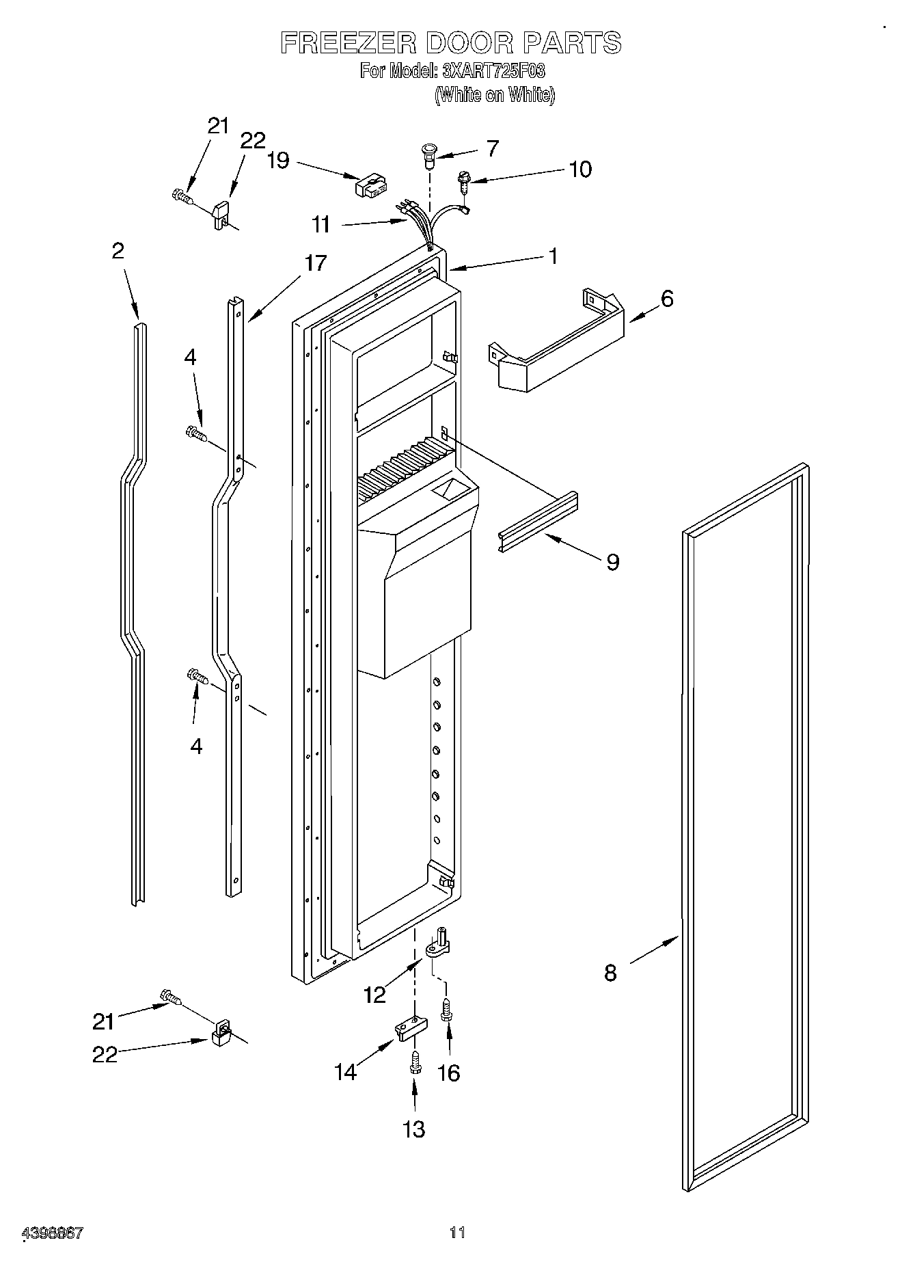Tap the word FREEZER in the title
coord(349,42)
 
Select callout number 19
coord(278,161)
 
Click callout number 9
coord(613,562)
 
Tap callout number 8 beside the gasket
coord(610,973)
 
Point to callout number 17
coord(316,263)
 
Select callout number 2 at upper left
coord(118,252)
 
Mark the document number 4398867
coord(53,1233)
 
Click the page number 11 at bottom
coord(457,1233)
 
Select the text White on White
coord(495,95)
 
